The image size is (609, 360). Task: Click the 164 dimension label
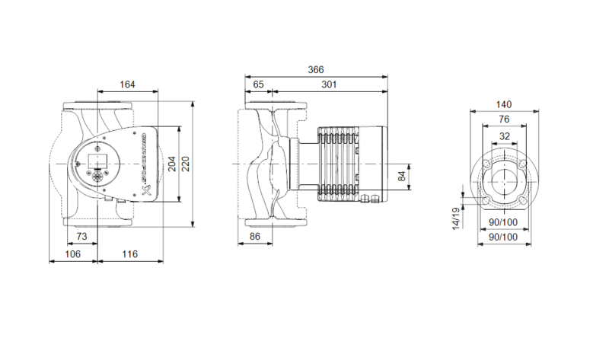click(127, 84)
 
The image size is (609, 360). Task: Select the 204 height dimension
click(171, 164)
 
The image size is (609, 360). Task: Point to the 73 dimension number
click(81, 237)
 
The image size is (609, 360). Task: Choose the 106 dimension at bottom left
click(73, 253)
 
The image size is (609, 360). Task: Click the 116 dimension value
click(129, 253)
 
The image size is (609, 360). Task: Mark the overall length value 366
click(316, 69)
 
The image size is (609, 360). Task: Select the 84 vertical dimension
click(402, 177)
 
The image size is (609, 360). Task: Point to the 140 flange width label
click(503, 104)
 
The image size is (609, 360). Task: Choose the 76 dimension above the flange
click(503, 119)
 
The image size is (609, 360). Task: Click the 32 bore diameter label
click(503, 136)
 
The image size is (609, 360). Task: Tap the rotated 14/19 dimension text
click(456, 218)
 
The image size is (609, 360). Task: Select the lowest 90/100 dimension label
click(502, 237)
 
